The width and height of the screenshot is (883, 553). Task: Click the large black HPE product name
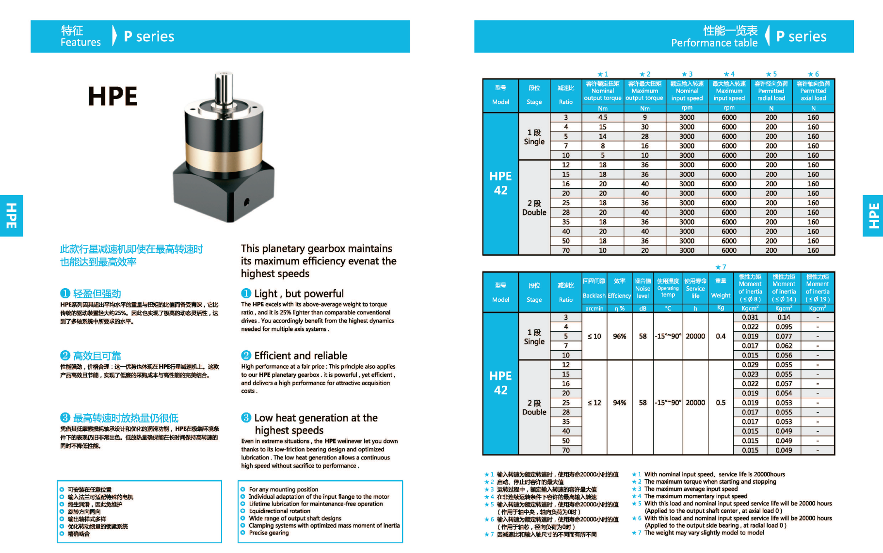[113, 96]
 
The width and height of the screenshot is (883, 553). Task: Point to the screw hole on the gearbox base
[246, 202]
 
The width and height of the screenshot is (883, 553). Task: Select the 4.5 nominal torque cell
[602, 117]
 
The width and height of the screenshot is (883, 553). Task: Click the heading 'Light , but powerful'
[299, 293]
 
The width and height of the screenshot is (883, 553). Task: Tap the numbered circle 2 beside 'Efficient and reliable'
[246, 356]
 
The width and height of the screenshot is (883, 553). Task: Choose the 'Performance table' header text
[714, 43]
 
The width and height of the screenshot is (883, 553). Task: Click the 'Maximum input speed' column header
[729, 91]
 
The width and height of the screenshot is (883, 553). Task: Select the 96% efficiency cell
[619, 336]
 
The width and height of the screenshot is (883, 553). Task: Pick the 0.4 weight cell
[721, 336]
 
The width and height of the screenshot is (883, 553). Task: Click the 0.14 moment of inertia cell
[784, 317]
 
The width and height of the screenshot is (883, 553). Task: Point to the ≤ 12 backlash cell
[594, 403]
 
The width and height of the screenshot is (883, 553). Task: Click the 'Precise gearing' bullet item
[269, 533]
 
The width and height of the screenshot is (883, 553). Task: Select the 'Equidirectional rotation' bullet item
[279, 511]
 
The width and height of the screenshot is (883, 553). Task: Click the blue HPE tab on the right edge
[873, 215]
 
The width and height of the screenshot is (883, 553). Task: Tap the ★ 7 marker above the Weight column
[721, 267]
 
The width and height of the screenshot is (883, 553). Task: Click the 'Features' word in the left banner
[80, 42]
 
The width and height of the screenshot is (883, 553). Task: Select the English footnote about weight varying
[704, 533]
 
